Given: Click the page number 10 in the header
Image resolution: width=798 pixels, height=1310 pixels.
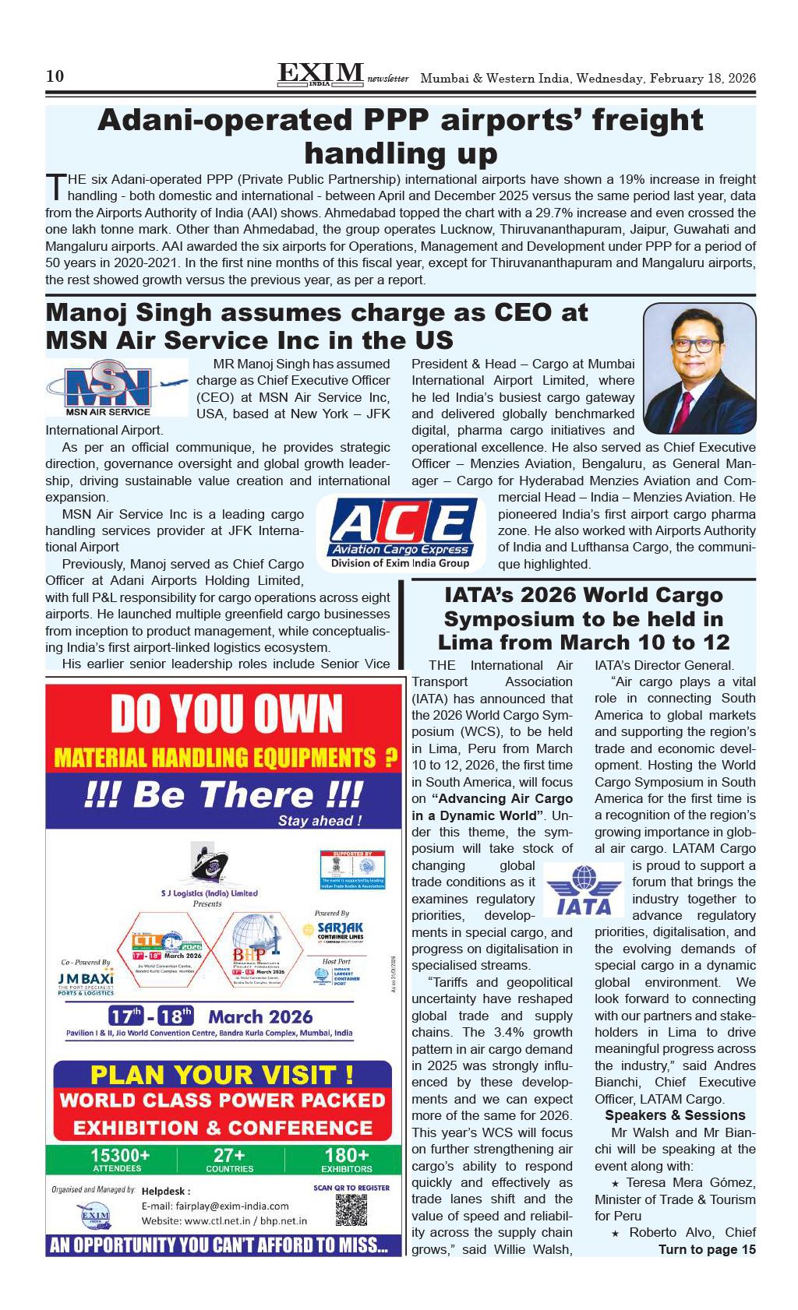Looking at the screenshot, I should (x=55, y=76).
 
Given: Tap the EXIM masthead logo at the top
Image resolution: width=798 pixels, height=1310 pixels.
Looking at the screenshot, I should (x=320, y=75).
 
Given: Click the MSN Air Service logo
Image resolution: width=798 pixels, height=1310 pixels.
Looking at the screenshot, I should (x=116, y=387).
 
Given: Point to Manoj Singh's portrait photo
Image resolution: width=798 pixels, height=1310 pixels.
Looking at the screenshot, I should (x=699, y=368).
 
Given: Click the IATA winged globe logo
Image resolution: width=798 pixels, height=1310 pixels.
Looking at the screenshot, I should (x=584, y=890).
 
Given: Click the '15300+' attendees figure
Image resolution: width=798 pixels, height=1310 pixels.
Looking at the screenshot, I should (x=118, y=1157).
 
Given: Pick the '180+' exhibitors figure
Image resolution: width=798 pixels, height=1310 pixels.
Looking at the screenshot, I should (x=346, y=1157).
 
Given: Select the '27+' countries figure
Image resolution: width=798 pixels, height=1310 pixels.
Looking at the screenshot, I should (x=229, y=1157).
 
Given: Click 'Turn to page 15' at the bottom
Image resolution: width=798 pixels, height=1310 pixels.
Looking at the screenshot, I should (x=707, y=1249).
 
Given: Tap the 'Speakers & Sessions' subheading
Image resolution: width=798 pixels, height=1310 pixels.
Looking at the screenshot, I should (x=675, y=1115).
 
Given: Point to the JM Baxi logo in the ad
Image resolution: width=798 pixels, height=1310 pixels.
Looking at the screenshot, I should (x=86, y=980).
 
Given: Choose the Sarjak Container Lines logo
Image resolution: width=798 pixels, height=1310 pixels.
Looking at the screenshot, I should (x=340, y=931).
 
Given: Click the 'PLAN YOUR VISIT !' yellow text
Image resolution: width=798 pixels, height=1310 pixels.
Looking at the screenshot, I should (x=222, y=1075).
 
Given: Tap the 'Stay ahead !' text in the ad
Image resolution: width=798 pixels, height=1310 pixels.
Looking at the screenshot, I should (x=320, y=820).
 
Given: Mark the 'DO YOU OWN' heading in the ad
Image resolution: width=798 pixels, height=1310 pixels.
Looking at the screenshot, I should (x=227, y=713).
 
